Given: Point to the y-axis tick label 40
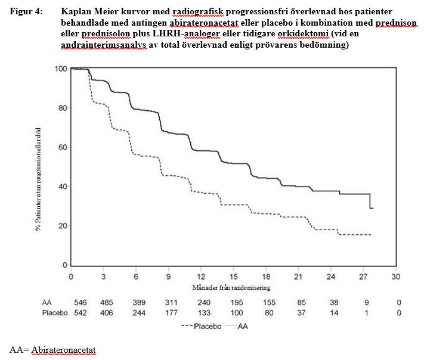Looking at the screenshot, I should point(61,187).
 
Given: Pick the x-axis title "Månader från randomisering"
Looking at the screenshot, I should point(233,288).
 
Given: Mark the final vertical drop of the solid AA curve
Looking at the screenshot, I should point(370,201).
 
